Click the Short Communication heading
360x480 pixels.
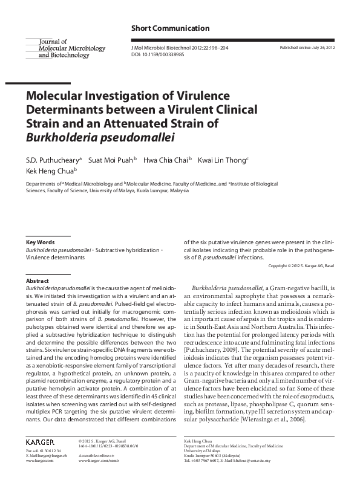170,28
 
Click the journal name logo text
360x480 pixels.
64,48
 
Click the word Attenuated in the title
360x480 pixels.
145,124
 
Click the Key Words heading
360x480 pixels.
41,242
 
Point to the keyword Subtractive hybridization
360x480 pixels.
126,249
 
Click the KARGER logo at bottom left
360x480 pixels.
41,443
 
